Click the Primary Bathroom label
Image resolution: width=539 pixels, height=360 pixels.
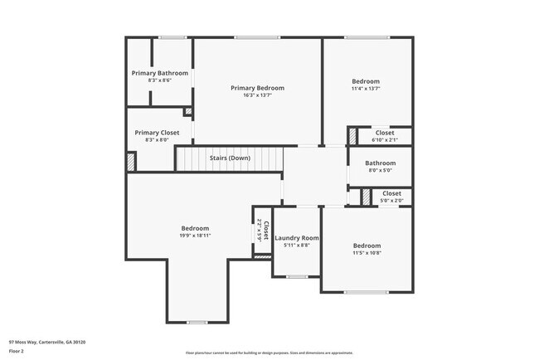point(160,73)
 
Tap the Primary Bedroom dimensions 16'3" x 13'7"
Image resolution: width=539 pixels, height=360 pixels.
point(257,95)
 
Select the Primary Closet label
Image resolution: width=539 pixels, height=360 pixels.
point(157,133)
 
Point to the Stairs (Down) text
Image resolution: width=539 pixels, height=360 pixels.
point(230,158)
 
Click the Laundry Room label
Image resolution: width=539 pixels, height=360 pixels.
point(296,238)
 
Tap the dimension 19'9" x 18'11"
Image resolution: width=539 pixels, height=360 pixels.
point(196,236)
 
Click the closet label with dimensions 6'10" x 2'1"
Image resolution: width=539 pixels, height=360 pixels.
point(385,133)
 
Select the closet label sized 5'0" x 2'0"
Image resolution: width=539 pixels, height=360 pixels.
point(391,193)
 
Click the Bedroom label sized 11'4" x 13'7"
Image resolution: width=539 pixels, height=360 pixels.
point(366,81)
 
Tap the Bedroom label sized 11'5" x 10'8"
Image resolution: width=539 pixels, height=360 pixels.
point(367,246)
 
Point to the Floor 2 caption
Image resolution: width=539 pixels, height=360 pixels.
point(17,351)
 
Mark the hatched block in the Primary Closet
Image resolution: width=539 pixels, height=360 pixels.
point(131,163)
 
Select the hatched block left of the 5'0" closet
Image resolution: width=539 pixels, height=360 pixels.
point(366,197)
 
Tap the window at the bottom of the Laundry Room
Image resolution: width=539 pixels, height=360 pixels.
point(297,276)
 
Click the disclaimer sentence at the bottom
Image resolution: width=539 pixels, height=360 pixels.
point(269,352)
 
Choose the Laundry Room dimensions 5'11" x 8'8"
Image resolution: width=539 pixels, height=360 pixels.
point(296,246)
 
